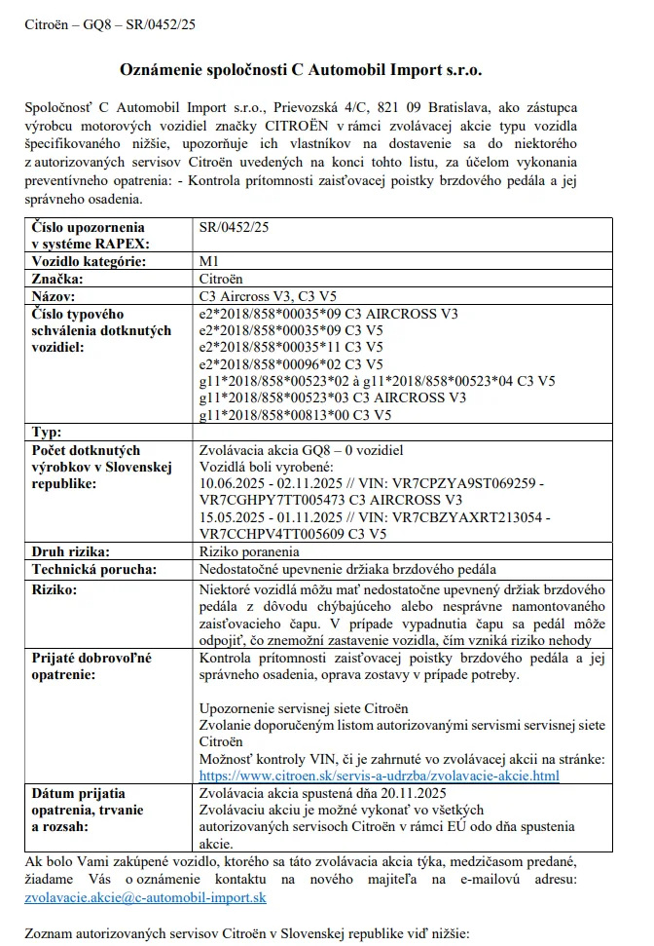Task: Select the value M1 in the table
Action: (208, 261)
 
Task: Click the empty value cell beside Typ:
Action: (402, 432)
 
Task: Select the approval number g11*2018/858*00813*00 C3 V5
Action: (295, 414)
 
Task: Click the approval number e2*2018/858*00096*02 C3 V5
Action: (291, 363)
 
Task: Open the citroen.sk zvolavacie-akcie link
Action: (378, 776)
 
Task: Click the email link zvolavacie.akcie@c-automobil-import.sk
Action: (145, 896)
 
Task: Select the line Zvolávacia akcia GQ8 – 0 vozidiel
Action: (300, 450)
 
